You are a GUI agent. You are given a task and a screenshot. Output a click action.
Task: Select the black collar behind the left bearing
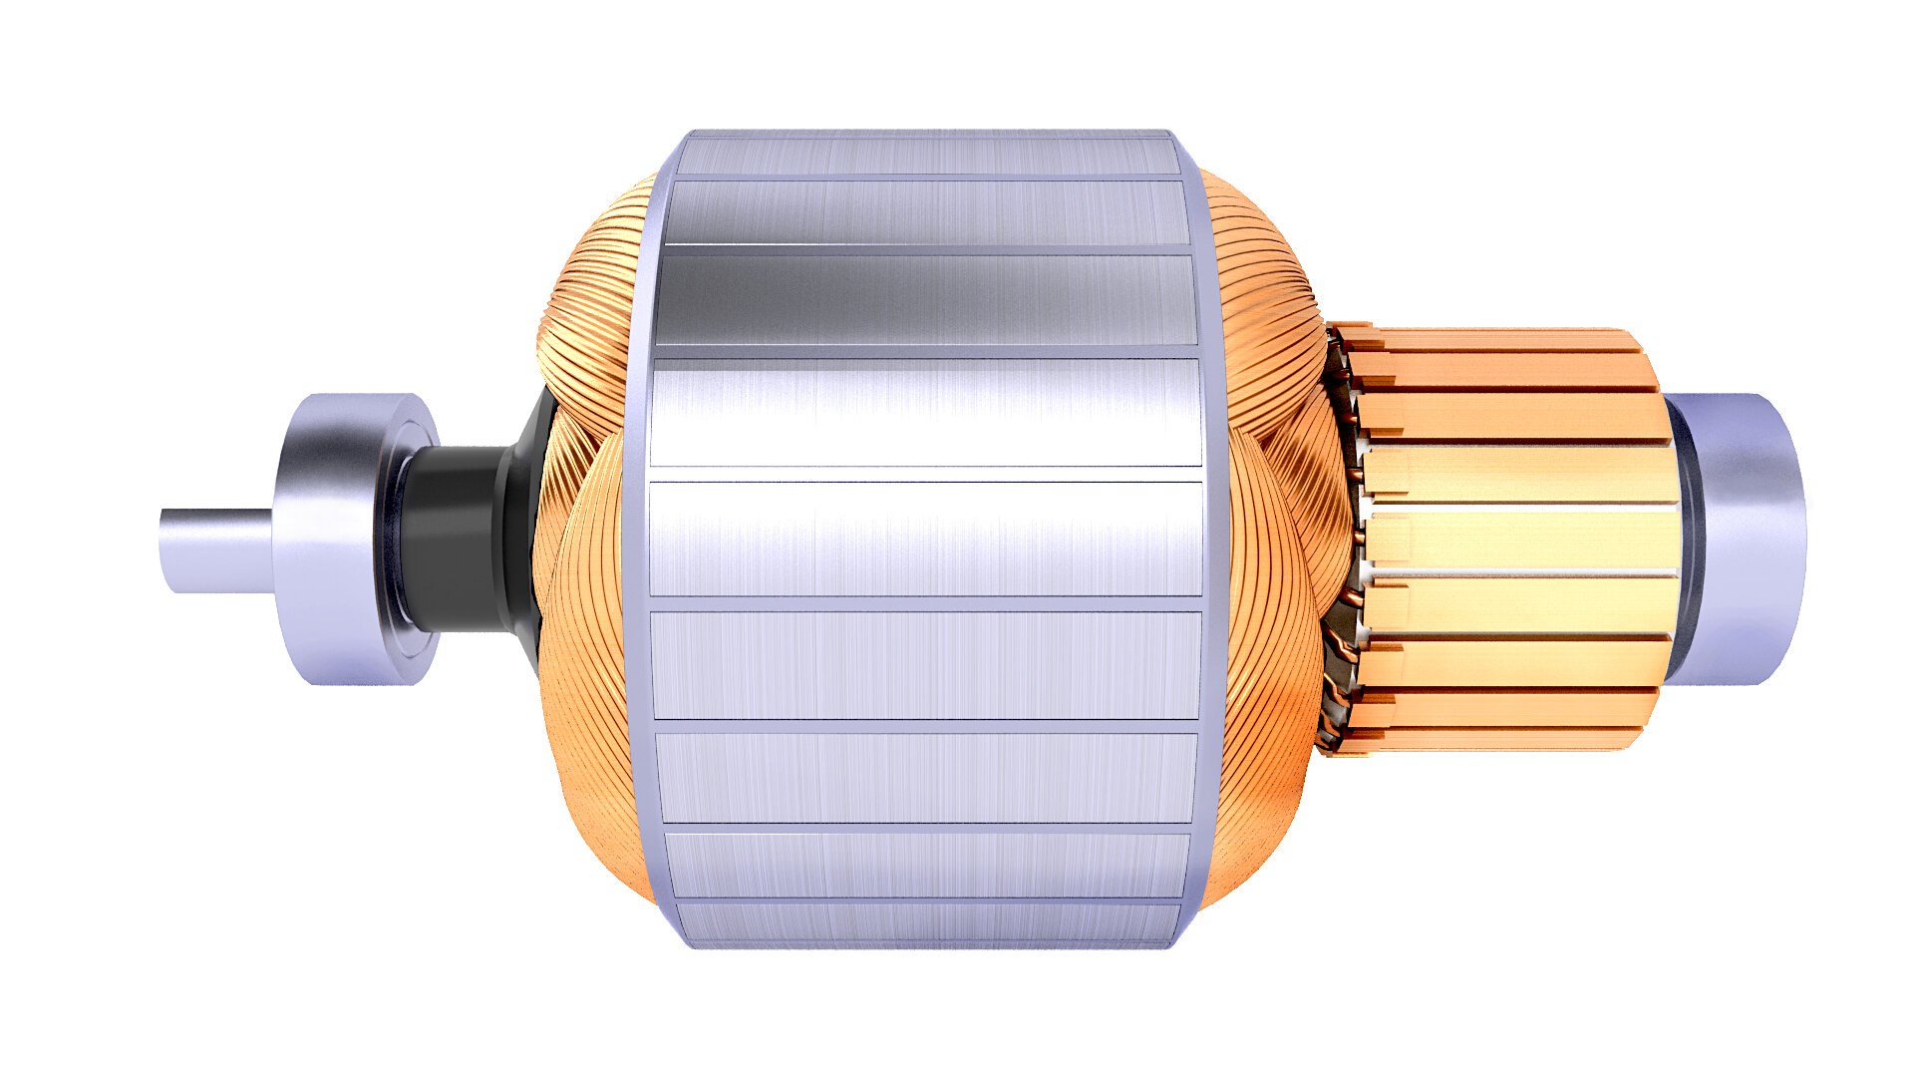tap(454, 538)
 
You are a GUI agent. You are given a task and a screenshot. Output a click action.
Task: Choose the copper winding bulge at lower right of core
tap(1266, 758)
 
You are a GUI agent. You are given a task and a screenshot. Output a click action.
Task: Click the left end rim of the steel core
tap(638, 538)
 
